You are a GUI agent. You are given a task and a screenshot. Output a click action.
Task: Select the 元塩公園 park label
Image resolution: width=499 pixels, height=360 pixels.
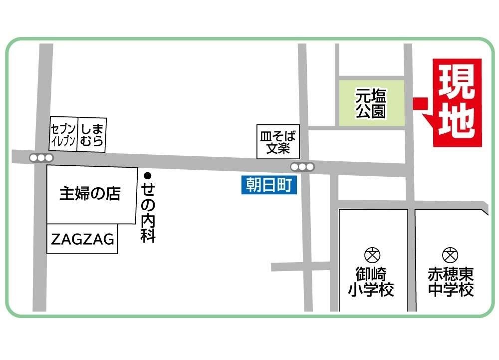(371, 103)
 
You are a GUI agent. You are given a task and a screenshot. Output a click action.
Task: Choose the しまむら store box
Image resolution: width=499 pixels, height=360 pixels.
(92, 133)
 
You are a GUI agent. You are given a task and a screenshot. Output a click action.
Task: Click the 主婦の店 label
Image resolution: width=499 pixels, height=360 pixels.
(90, 194)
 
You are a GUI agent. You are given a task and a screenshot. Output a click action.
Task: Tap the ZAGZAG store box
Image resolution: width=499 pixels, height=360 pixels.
(82, 239)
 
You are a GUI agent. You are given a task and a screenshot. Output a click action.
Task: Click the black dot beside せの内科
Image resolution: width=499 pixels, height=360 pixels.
(147, 175)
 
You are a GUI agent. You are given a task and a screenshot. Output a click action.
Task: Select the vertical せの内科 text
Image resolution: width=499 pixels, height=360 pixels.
(148, 212)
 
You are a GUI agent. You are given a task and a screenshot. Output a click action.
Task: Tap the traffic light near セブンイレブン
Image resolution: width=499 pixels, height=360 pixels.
(41, 158)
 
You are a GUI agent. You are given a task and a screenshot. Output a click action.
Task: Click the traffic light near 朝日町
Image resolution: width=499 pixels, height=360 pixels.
(303, 167)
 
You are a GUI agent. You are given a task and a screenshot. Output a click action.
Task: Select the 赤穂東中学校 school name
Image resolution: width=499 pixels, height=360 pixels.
(451, 282)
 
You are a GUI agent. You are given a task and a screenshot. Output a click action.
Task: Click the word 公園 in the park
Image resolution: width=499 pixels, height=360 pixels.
(371, 111)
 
